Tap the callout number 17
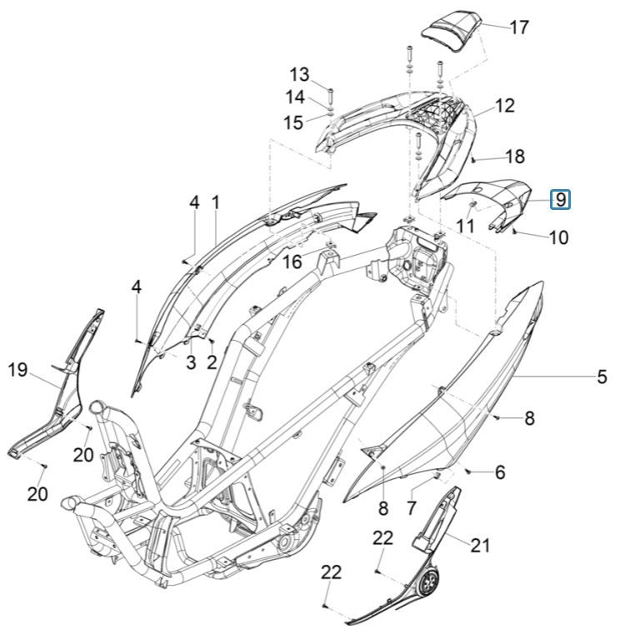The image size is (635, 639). click(518, 27)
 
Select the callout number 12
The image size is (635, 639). click(505, 106)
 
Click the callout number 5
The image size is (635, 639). click(602, 377)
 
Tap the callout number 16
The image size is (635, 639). click(292, 263)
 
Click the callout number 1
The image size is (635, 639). click(215, 202)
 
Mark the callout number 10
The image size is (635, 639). click(558, 237)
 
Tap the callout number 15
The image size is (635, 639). click(293, 123)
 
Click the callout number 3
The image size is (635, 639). click(190, 362)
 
